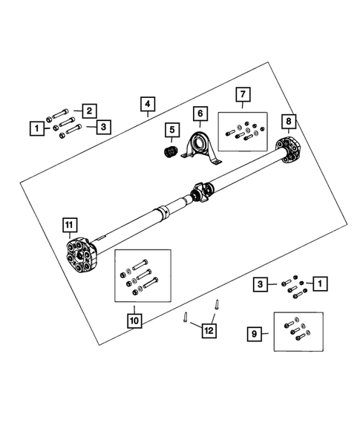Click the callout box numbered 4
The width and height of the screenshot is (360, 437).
pos(148,104)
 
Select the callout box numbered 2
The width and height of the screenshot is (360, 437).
pos(89,111)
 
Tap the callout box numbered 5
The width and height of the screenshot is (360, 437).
pos(172,130)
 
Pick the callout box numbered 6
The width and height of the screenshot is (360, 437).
pos(200,114)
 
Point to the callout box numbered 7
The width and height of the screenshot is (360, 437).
pos(243,94)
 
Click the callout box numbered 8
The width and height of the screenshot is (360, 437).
pos(288,121)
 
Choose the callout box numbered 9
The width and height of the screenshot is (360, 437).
pos(255,334)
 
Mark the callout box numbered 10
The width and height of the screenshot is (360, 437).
pos(134,321)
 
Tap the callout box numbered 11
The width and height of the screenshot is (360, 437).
pos(69,225)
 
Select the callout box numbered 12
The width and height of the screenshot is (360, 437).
pos(209,331)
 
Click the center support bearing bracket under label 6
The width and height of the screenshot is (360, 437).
pos(201,148)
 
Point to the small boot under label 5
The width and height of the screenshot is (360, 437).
pos(171,151)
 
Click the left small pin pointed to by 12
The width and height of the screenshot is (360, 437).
pos(185,317)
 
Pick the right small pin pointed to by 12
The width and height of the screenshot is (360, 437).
pos(217,304)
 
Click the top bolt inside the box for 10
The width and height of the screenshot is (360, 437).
pos(140,264)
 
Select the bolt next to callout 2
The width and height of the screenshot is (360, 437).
pos(60,114)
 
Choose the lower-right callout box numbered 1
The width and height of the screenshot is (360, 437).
pos(320,283)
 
